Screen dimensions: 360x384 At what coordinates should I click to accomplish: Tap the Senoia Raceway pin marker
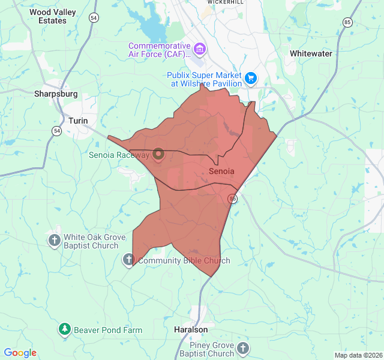[159, 155]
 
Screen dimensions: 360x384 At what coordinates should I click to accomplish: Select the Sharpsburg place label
[56, 94]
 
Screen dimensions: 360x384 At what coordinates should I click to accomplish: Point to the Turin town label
[78, 121]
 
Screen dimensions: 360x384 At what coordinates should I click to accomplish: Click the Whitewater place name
[311, 53]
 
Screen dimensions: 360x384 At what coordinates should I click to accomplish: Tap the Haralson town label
[190, 330]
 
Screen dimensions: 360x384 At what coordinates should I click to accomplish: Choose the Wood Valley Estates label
[48, 16]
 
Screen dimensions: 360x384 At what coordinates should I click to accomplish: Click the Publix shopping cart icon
[251, 77]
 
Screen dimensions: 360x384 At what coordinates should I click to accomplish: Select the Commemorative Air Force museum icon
[200, 48]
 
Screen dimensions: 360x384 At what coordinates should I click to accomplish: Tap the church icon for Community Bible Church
[128, 260]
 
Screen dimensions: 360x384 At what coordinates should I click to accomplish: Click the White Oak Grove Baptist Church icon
[55, 241]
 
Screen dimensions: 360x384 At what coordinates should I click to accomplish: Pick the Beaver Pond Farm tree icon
[65, 329]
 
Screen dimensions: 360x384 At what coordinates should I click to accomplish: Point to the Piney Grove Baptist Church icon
[242, 348]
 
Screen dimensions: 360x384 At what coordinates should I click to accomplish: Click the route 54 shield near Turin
[56, 130]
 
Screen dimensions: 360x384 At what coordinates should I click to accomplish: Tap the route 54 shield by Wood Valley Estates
[93, 18]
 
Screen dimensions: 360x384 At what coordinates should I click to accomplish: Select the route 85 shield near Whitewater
[347, 22]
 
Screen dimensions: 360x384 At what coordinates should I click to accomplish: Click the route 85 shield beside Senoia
[233, 199]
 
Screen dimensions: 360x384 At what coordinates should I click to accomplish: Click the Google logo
[20, 353]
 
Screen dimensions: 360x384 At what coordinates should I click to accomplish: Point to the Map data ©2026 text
[358, 355]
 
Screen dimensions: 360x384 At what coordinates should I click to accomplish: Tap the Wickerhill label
[226, 2]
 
